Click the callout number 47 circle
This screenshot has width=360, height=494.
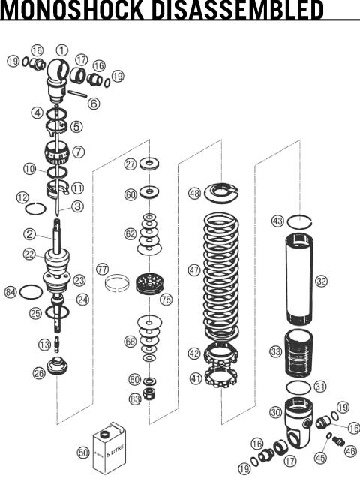click(194, 270)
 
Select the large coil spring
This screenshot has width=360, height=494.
click(224, 274)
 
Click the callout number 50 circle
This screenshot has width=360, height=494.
click(83, 453)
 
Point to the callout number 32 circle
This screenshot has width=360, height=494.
click(322, 282)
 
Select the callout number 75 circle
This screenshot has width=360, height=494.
click(166, 299)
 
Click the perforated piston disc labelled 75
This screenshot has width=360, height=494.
click(149, 285)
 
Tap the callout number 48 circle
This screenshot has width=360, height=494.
click(194, 193)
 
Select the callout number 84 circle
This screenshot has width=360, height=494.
click(10, 291)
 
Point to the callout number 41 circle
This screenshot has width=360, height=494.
click(196, 379)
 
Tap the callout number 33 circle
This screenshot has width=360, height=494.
click(276, 351)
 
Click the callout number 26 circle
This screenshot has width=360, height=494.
click(39, 372)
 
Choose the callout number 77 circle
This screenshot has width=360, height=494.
click(103, 268)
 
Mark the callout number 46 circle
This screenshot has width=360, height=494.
click(350, 451)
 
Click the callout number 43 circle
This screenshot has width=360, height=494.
click(277, 221)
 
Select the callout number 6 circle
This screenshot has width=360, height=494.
click(94, 104)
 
